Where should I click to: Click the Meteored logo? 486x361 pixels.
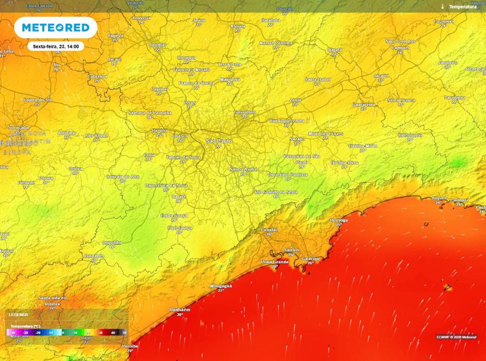coord(56,28)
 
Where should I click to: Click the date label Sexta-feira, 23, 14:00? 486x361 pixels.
coord(56,47)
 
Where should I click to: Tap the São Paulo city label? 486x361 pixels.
coord(219,141)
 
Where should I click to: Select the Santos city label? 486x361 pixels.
coord(291,249)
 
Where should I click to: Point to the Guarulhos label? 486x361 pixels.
coord(245,112)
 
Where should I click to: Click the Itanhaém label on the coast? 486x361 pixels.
coord(180,310)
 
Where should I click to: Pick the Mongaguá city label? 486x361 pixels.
coord(221,286)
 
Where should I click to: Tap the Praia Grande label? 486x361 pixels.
coord(275,262)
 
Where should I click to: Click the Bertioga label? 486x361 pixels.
coord(338,220)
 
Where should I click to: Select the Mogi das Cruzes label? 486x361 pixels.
coord(325,133)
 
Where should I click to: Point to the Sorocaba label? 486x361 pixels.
coord(19,128)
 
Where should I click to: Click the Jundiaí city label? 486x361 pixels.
coord(158,45)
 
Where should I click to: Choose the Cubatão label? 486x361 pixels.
coord(270,230)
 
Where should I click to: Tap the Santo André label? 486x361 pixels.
coord(243,170)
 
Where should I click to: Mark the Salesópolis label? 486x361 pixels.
coord(410,135)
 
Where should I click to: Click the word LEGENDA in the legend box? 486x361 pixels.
coord(19,314)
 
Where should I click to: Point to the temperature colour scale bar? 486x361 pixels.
coord(67,332)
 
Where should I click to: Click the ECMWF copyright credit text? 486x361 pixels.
coord(456,337)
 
